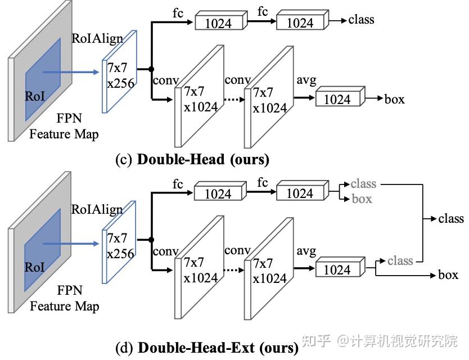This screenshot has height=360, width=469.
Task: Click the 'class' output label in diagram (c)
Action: tap(361, 20)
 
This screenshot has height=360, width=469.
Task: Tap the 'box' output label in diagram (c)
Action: tap(394, 99)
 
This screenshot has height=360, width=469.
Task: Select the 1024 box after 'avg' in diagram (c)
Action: tap(337, 99)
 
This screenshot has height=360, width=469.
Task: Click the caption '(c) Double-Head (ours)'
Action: tap(192, 159)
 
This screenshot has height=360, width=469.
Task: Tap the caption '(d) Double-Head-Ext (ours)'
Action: tap(207, 348)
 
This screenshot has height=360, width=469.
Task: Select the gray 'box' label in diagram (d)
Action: tap(362, 199)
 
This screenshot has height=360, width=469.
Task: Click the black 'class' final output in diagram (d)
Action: tap(451, 218)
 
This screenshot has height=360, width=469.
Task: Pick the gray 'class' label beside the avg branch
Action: tap(400, 260)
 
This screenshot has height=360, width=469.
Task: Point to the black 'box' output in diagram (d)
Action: tap(448, 275)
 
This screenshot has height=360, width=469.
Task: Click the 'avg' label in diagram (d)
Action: tap(306, 251)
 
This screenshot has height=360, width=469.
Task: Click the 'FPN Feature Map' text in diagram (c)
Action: tap(64, 127)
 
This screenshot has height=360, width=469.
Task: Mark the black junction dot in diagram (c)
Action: tap(151, 69)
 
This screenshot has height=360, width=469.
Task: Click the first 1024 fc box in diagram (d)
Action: tap(218, 193)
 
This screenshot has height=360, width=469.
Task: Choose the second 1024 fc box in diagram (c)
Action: tap(300, 22)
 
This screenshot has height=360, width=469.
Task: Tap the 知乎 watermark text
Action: tap(317, 341)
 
